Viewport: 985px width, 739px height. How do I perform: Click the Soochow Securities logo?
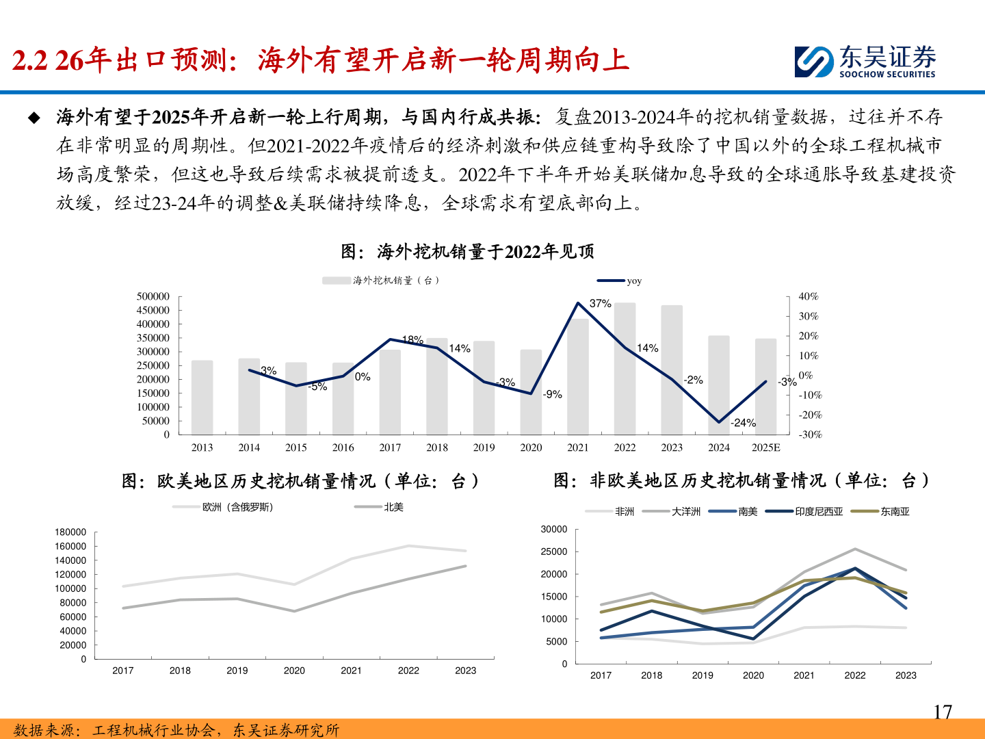[x=865, y=62]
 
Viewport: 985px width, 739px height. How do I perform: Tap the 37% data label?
[x=600, y=303]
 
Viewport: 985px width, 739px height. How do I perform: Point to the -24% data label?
[x=743, y=423]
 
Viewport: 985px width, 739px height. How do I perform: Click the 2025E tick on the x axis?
[x=765, y=448]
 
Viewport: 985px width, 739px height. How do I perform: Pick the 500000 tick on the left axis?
[x=153, y=296]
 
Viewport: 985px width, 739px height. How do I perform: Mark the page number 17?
[x=943, y=712]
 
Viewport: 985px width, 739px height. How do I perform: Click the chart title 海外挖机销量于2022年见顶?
[x=468, y=252]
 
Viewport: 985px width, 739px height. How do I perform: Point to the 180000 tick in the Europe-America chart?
[x=70, y=532]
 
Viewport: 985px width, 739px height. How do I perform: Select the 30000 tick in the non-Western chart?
[x=553, y=529]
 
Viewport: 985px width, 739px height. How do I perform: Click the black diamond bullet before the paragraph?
[x=34, y=118]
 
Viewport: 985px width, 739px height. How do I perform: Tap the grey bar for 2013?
[x=202, y=397]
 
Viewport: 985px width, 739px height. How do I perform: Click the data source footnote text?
[x=176, y=730]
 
